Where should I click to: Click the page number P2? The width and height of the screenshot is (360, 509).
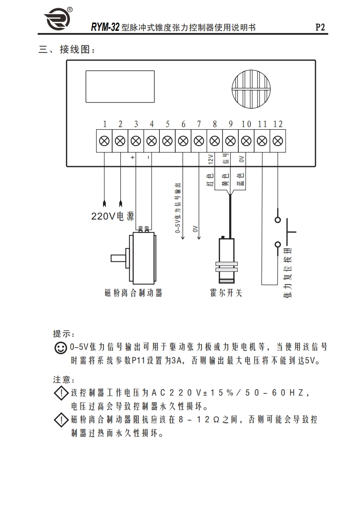click(x=321, y=27)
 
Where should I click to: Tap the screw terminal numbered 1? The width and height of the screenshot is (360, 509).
click(x=104, y=141)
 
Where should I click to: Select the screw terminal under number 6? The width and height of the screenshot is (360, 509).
click(x=183, y=141)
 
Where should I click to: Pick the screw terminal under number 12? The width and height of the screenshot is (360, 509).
click(x=277, y=141)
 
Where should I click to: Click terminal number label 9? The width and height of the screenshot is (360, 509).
click(x=230, y=124)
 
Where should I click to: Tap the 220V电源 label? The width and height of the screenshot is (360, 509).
click(x=113, y=216)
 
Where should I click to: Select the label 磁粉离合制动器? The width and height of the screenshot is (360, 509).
click(x=133, y=293)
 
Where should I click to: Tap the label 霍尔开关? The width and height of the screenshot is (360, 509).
click(x=226, y=293)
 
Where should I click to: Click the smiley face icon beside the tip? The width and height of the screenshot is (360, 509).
click(x=60, y=348)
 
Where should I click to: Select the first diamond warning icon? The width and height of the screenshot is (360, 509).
click(x=60, y=393)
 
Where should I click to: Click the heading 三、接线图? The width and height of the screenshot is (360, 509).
click(x=67, y=50)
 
